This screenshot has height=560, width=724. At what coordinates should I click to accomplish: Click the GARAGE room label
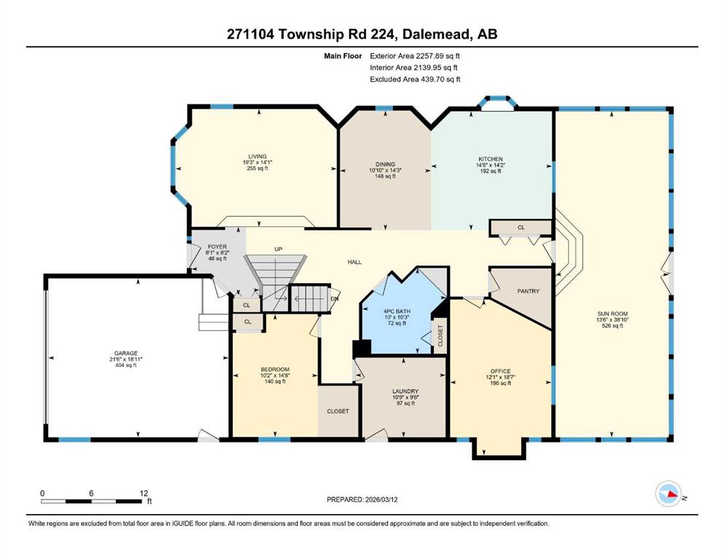pos(126,353)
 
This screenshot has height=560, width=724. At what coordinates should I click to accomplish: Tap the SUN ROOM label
pos(612,314)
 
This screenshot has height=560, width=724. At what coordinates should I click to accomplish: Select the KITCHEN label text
pos(491,159)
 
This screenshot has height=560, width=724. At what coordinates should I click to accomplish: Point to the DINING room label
pos(385,164)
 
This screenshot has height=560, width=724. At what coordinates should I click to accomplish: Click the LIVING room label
pos(257,157)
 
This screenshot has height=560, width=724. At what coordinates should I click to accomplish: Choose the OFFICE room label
pos(500,370)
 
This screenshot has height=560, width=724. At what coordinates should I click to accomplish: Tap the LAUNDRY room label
pos(405,391)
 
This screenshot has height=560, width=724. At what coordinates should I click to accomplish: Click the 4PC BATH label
pos(397,311)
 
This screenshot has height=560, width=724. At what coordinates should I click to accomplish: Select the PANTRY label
pos(528,292)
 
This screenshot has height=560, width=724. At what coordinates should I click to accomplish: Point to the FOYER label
pos(217,247)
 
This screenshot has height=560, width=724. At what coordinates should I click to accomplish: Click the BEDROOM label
pos(275,370)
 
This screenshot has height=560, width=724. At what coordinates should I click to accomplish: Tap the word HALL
pos(354,262)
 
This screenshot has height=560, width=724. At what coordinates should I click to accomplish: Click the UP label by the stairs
pos(279,249)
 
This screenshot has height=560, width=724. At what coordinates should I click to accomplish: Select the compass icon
pos(669,494)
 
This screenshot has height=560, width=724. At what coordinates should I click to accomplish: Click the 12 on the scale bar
pos(144,494)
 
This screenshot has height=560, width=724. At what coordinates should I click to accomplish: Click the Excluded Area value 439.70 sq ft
pos(440,79)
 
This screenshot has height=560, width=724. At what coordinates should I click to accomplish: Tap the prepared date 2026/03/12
pos(381,499)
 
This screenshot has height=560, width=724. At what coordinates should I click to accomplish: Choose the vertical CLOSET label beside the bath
pos(440,335)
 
